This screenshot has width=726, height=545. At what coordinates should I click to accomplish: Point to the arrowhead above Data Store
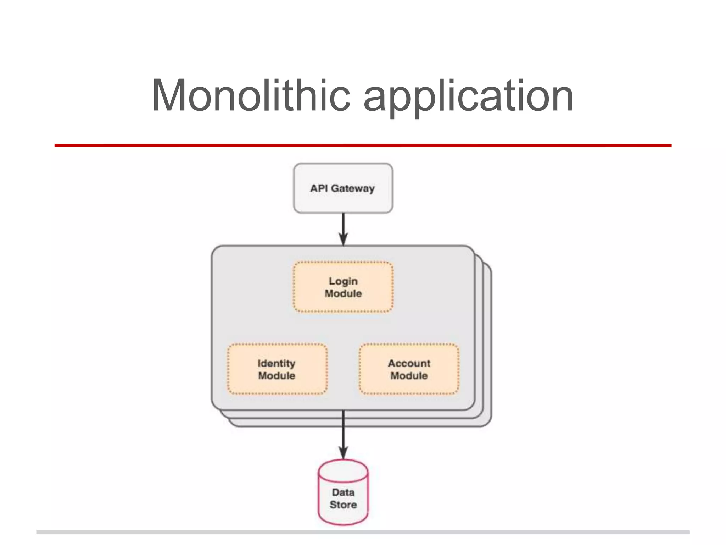343,453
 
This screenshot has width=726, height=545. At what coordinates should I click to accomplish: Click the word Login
343,281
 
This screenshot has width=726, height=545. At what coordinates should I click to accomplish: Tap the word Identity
277,363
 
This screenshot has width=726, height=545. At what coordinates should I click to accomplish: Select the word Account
409,363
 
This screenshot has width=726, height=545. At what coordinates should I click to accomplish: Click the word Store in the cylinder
343,505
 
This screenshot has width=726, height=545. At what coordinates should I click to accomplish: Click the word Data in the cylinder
343,492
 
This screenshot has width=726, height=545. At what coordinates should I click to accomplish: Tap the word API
319,188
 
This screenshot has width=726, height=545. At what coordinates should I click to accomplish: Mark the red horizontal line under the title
363,145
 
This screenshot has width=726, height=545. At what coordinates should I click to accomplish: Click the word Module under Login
343,293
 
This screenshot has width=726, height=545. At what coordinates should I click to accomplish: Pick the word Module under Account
409,375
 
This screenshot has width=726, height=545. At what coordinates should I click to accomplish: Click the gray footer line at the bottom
363,532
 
